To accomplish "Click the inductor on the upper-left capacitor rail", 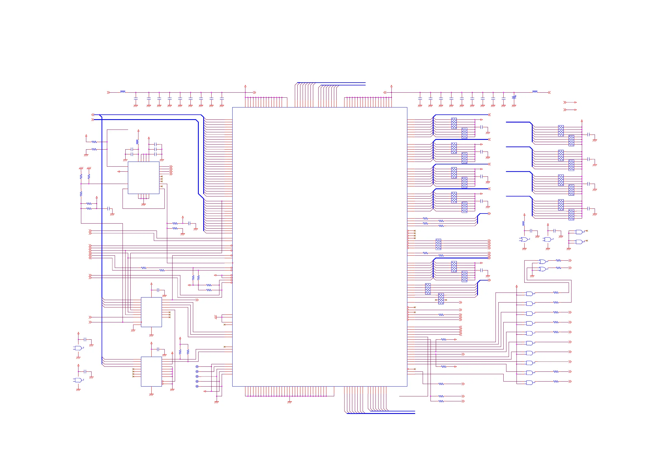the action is tap(123, 92).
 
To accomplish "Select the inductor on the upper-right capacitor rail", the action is tap(535, 92).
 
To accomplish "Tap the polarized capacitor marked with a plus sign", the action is tap(514, 97).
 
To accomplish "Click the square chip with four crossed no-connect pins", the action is tap(143, 178).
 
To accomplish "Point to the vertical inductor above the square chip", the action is tap(138, 142).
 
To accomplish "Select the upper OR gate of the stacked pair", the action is tap(542, 262).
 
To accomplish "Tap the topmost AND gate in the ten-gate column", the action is tap(529, 294).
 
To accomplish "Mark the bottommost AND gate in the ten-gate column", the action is tap(529, 383).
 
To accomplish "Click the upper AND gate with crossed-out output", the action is tap(579, 232).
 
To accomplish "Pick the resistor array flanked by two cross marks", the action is tap(441, 299).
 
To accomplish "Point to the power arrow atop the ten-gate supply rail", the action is tap(516, 286).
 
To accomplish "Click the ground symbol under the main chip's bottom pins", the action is tap(289, 402).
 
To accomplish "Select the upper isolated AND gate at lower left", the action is tap(78, 348).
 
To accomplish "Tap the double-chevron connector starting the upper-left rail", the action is tap(108, 92).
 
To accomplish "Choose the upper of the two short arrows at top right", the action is tap(570, 102).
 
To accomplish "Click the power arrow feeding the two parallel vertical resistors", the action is tap(180, 338).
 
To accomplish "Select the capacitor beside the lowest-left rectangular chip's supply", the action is tap(158, 349).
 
